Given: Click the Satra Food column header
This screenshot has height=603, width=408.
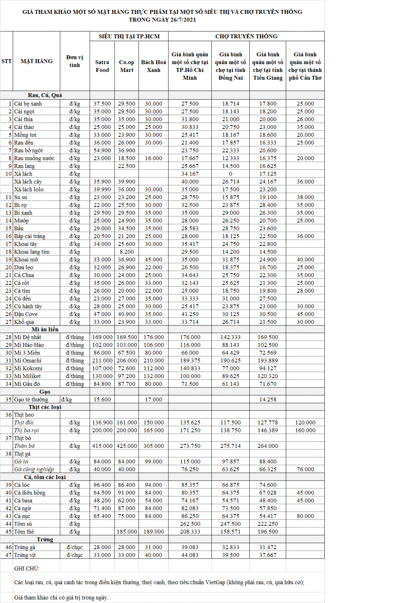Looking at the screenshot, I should pos(102,66).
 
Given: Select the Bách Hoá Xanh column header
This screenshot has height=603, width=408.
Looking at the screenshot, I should pos(153,66).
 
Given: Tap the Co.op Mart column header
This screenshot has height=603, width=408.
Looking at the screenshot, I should pos(126,66).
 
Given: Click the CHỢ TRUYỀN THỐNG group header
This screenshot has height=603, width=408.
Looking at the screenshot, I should pos(246,36).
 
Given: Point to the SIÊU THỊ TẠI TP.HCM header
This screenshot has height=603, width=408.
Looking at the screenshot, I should pos(129,36).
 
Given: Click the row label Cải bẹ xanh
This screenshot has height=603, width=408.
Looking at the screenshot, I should pos(28,104).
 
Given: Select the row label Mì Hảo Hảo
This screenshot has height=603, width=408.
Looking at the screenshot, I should pos(29,345).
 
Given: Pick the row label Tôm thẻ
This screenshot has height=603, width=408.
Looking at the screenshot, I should pos(24,532).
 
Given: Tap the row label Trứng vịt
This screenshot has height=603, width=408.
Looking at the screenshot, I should pos(25,555).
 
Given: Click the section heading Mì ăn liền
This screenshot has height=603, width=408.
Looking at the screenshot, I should pos(45,329).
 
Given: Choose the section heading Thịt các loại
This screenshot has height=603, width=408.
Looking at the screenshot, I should pos(45,407).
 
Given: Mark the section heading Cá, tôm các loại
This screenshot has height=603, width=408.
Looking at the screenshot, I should pos(45,477).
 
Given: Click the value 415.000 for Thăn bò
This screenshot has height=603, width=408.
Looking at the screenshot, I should pos(102,446).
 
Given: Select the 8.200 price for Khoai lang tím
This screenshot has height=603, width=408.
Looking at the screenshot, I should pos(126,252).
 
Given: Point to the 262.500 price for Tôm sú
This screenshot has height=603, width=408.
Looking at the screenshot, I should pos(190,524).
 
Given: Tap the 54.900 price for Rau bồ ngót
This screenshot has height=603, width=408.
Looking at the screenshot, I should pos(102,150).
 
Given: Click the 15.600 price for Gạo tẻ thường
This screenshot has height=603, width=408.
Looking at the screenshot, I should pos(102,399).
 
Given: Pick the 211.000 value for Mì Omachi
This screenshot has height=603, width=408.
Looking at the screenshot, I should pos(102,360).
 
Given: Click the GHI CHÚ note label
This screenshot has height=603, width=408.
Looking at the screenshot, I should pos(27,568).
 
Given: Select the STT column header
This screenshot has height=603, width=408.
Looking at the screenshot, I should pos(7,61).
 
